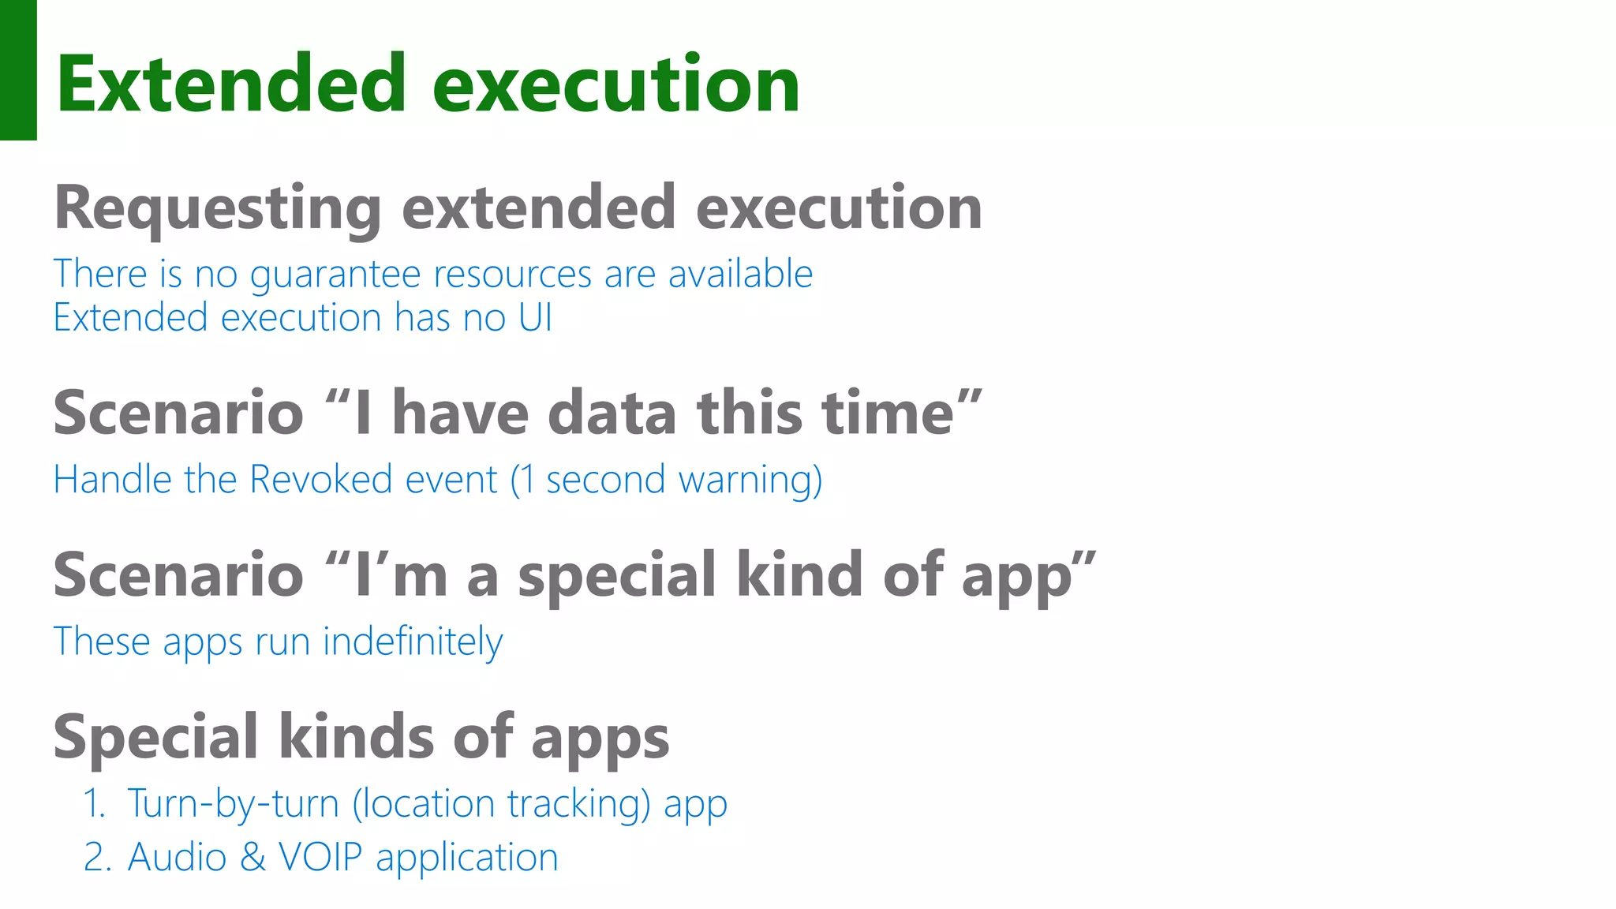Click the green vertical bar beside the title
pos(18,69)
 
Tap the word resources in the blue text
pos(513,275)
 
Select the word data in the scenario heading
pos(612,413)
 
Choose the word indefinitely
pos(413,642)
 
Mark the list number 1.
pos(94,804)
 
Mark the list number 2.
pos(94,858)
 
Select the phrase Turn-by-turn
pos(233,804)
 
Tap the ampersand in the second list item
pos(252,858)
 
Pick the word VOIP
pos(320,858)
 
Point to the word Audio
pos(178,858)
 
